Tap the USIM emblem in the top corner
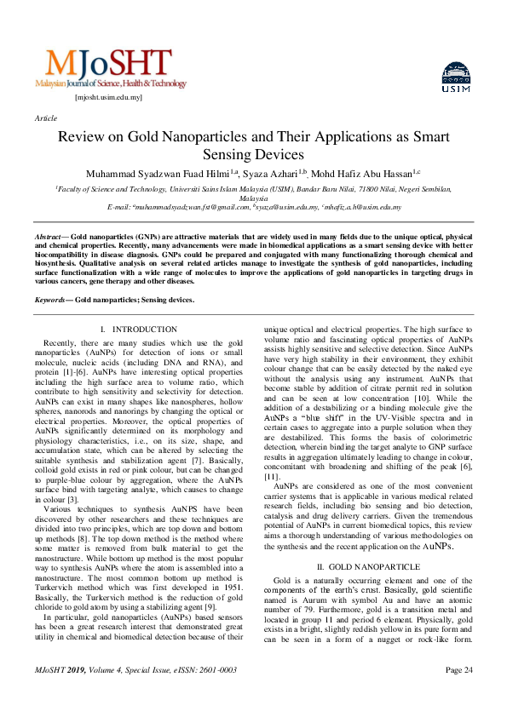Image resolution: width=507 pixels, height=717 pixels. click(456, 78)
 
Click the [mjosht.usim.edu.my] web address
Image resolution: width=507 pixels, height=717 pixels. click(108, 98)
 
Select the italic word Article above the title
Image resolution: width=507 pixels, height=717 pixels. click(45, 119)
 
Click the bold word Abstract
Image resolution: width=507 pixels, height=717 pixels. click(48, 234)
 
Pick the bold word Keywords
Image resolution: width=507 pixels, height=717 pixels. click(51, 300)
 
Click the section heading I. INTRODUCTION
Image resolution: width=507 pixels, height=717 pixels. click(138, 329)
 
